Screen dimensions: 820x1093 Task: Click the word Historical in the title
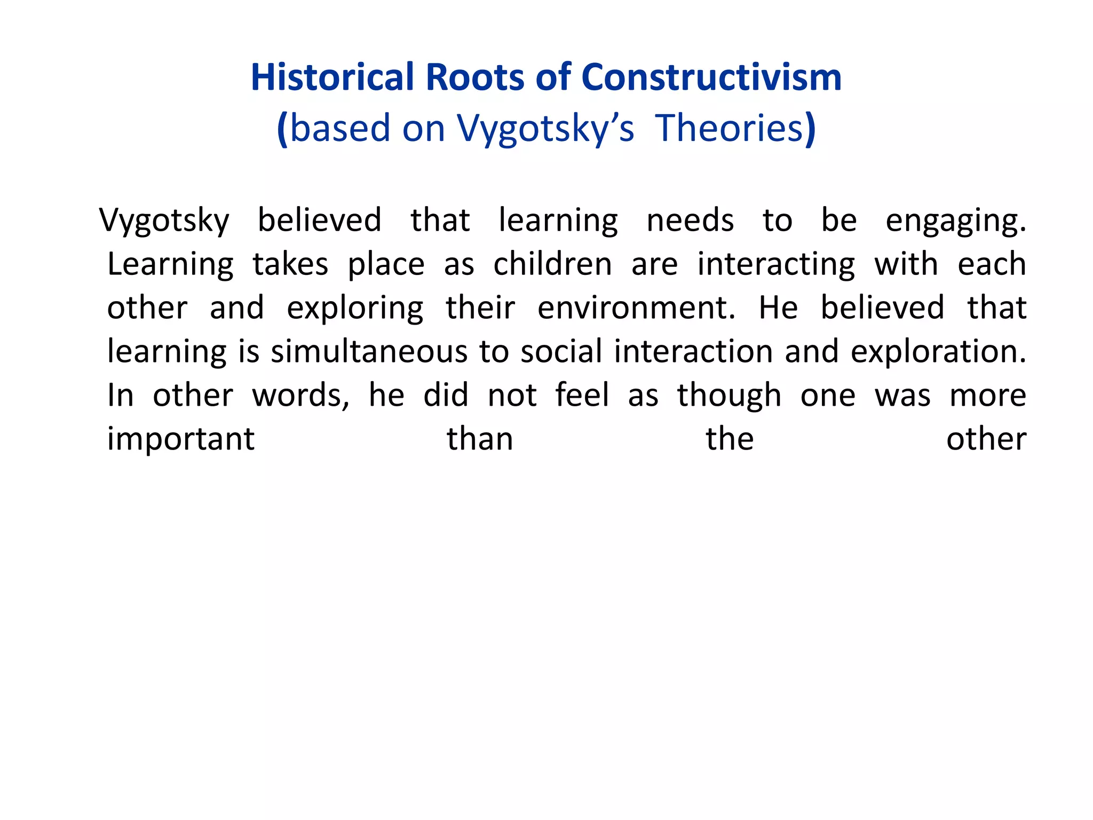point(332,77)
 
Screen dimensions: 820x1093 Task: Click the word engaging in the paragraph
point(955,221)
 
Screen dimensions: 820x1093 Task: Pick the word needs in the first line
point(690,220)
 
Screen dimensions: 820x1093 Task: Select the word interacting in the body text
point(776,265)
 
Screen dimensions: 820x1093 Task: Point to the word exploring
point(355,309)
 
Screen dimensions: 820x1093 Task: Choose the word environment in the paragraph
point(636,307)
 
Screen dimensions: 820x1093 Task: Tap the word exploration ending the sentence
point(938,352)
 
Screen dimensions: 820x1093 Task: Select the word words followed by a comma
point(300,396)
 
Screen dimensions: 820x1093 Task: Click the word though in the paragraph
point(729,396)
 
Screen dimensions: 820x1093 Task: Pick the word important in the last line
point(181,440)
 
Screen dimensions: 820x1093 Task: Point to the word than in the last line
point(480,439)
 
